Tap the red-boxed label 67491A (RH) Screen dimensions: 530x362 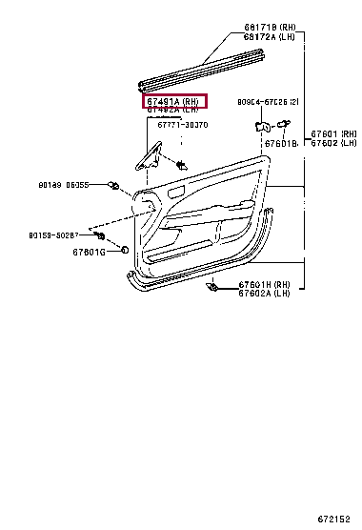tap(173, 101)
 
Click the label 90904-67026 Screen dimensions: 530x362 tap(269, 102)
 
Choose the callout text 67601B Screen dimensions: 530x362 tap(282, 143)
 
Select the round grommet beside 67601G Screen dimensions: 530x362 tap(125, 251)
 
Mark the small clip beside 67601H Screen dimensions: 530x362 tap(215, 286)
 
